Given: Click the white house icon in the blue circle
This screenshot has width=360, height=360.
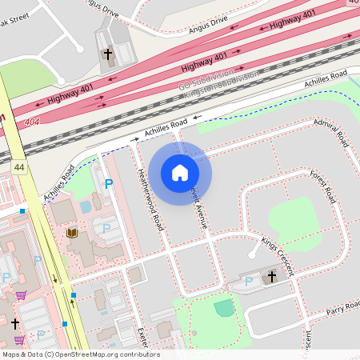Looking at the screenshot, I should pyautogui.click(x=180, y=172).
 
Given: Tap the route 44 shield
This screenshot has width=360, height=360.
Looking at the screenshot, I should pyautogui.click(x=18, y=166).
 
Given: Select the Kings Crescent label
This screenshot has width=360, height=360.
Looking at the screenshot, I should pyautogui.click(x=278, y=255).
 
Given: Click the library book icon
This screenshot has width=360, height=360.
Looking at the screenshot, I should pyautogui.click(x=72, y=233).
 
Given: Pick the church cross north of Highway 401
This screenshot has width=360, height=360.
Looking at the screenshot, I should pyautogui.click(x=108, y=54).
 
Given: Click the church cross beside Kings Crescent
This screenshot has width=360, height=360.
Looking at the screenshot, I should pyautogui.click(x=271, y=277).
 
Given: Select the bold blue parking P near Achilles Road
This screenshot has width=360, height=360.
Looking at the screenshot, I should pyautogui.click(x=109, y=184).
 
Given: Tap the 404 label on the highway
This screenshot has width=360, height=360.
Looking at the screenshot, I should pyautogui.click(x=30, y=122).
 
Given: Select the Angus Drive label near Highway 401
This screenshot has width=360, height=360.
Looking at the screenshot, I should pyautogui.click(x=208, y=24).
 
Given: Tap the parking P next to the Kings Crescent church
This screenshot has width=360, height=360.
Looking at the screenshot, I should pyautogui.click(x=248, y=281).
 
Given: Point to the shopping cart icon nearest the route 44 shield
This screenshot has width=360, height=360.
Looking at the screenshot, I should pyautogui.click(x=20, y=294).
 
